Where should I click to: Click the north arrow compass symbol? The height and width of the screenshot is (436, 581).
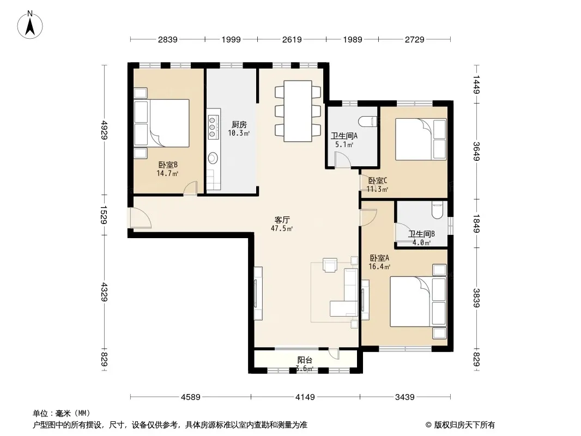tap(30, 25)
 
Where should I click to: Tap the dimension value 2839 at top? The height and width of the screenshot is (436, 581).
tap(168, 39)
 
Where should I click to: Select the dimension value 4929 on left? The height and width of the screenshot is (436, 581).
tap(104, 130)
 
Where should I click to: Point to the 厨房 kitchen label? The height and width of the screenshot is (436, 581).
tap(239, 124)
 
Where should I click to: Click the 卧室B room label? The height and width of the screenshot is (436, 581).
tap(168, 165)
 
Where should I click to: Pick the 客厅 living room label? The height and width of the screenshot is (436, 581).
tap(282, 220)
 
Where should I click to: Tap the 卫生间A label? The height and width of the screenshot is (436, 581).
tap(344, 136)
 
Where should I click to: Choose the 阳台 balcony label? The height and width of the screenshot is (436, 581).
tap(305, 360)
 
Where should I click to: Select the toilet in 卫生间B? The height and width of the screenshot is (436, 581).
tap(438, 210)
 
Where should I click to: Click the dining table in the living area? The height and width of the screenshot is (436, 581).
tap(298, 111)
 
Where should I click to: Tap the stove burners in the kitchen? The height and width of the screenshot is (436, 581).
tap(213, 127)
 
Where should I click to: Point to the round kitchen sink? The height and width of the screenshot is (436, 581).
tap(213, 158)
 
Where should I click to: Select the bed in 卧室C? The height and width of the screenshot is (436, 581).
tap(421, 140)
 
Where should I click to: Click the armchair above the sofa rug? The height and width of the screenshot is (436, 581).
tap(330, 265)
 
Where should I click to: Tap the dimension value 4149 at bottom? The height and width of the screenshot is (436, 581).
tap(305, 397)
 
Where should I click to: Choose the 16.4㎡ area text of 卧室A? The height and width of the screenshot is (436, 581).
tap(379, 267)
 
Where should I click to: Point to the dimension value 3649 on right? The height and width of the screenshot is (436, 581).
tap(476, 152)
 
